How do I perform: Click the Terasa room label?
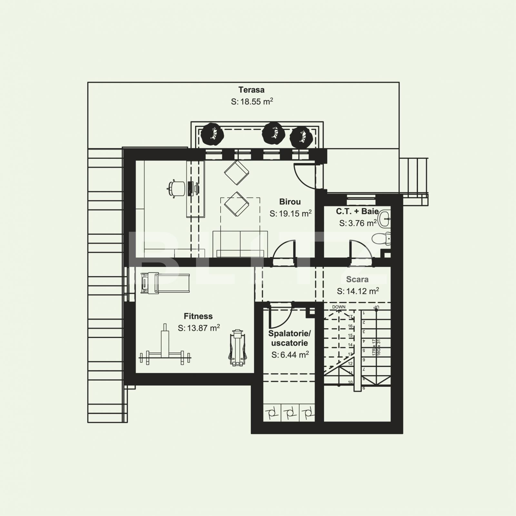point(251,90)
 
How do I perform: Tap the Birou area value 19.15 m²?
point(290,213)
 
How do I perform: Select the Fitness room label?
point(198,316)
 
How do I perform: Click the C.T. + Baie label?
point(357,211)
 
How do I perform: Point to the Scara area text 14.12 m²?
point(358,291)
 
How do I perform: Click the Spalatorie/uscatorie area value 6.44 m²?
point(290,355)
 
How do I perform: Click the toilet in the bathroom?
point(381,239)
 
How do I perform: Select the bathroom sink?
point(384,219)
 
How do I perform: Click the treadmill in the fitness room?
point(165,283)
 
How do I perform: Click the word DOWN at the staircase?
point(339,307)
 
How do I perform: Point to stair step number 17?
point(351,317)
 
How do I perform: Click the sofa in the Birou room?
point(240,244)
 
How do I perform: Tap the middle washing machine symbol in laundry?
point(290,412)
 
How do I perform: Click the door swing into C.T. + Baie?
point(360,250)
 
